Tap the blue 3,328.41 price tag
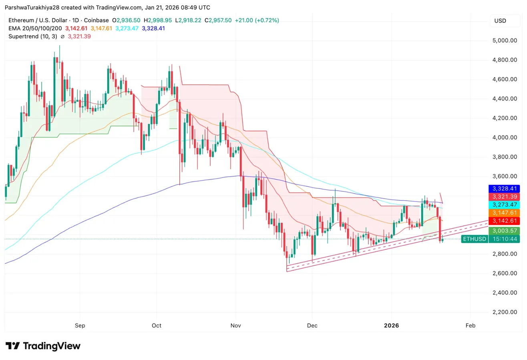[x=504, y=188]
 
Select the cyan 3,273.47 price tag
[x=504, y=204]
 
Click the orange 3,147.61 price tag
[x=504, y=213]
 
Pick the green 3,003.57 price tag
[x=504, y=231]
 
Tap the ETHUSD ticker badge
[x=474, y=239]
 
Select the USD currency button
[x=501, y=20]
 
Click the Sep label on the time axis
[x=80, y=326]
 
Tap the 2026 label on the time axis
[x=391, y=326]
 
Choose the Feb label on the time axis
[x=471, y=326]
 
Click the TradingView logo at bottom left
[x=43, y=346]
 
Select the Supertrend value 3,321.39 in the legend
[x=80, y=36]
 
